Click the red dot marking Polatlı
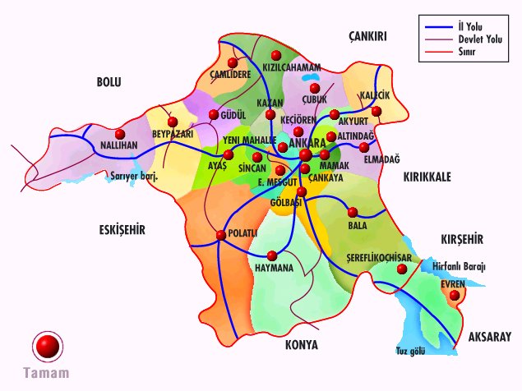point(220,236)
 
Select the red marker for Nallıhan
point(121,134)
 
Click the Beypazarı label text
point(171,133)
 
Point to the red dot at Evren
point(455,294)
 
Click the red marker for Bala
point(353,211)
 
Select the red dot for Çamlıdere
point(233,62)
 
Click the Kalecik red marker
point(376,111)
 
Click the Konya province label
point(301,344)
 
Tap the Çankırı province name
point(367,35)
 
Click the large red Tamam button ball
point(48,346)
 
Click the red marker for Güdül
point(214,114)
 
